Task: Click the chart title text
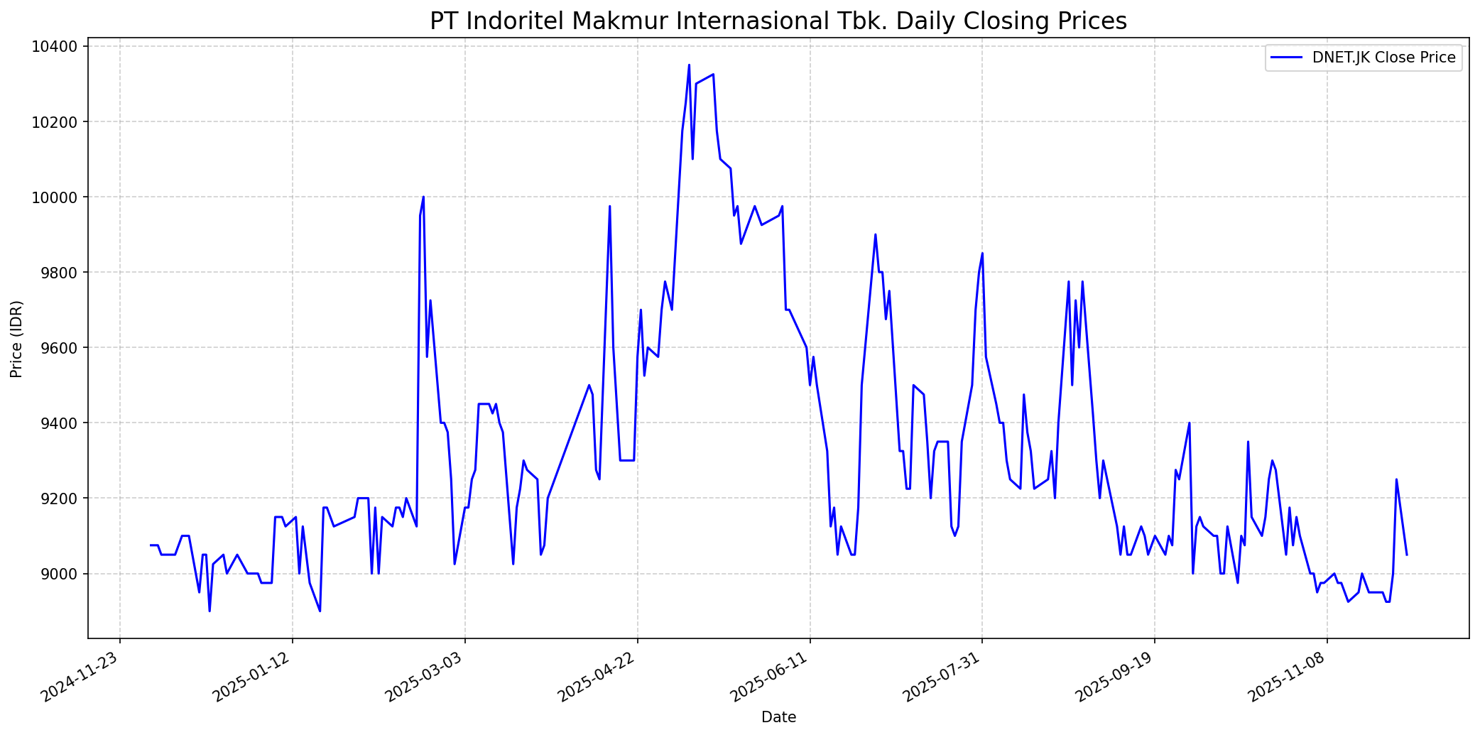coord(778,21)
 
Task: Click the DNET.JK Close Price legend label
coord(1383,58)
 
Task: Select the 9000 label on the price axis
coord(61,574)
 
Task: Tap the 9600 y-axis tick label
coord(61,348)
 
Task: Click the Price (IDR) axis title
coord(16,339)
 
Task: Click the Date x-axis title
coord(778,717)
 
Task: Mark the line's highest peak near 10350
coord(689,65)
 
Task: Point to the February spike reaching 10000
coord(423,197)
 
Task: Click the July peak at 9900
coord(875,234)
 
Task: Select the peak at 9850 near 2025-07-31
coord(982,254)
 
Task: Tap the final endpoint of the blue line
coord(1407,555)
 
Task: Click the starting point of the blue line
coord(151,545)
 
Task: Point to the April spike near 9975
coord(609,207)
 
